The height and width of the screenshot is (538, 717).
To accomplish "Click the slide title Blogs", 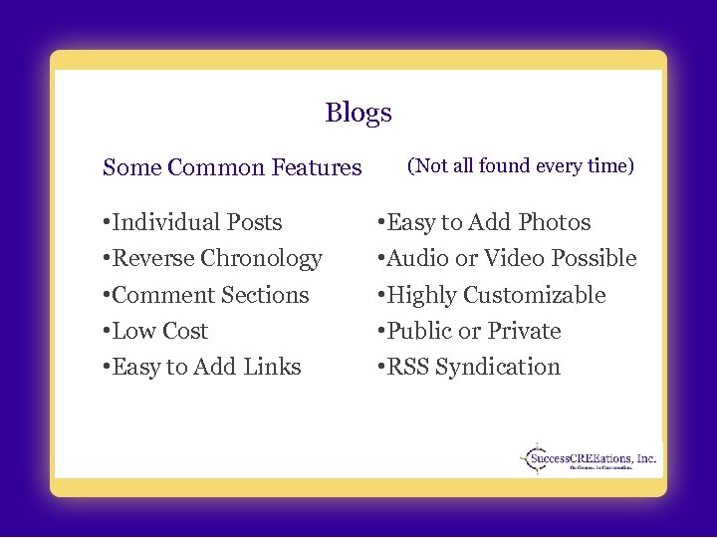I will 358,113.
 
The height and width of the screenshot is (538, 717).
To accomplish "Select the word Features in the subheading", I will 316,167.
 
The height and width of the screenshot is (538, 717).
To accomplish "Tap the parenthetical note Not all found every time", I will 521,165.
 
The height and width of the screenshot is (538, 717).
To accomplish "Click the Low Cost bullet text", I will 159,331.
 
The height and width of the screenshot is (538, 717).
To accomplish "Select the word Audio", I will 417,259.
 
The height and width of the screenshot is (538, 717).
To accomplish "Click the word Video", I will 515,259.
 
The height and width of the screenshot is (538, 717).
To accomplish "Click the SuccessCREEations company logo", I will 589,459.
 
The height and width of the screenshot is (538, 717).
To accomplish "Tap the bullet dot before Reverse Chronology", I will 106,259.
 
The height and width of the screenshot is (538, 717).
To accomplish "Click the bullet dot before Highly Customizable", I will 379,295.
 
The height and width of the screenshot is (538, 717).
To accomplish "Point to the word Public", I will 419,331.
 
